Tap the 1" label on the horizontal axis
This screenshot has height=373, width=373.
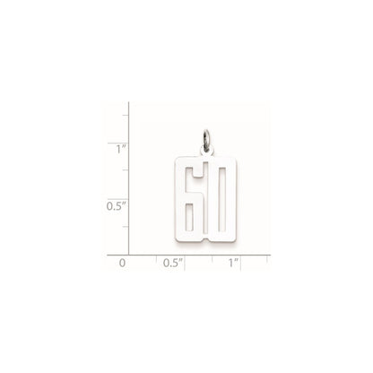click(x=233, y=264)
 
